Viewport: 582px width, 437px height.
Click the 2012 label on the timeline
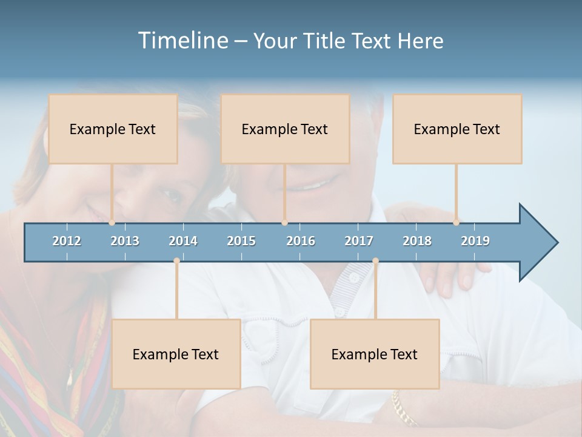67,241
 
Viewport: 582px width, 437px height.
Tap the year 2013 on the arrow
125,241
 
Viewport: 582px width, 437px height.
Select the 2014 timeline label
183,241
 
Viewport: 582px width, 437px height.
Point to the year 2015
241,241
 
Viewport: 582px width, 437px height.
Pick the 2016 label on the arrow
301,241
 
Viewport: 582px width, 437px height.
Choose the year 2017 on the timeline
359,241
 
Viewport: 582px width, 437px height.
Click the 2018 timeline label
417,241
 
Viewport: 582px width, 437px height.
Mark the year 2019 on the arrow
475,241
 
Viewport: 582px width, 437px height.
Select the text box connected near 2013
113,129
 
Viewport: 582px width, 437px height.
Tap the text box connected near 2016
285,129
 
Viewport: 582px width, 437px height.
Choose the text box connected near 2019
457,129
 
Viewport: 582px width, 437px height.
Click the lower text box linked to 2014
176,354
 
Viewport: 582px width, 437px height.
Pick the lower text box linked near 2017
375,354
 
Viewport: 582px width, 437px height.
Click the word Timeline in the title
182,40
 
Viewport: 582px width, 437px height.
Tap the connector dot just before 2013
112,223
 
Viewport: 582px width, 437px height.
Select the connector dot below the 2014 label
176,261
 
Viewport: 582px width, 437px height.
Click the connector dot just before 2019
456,223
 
